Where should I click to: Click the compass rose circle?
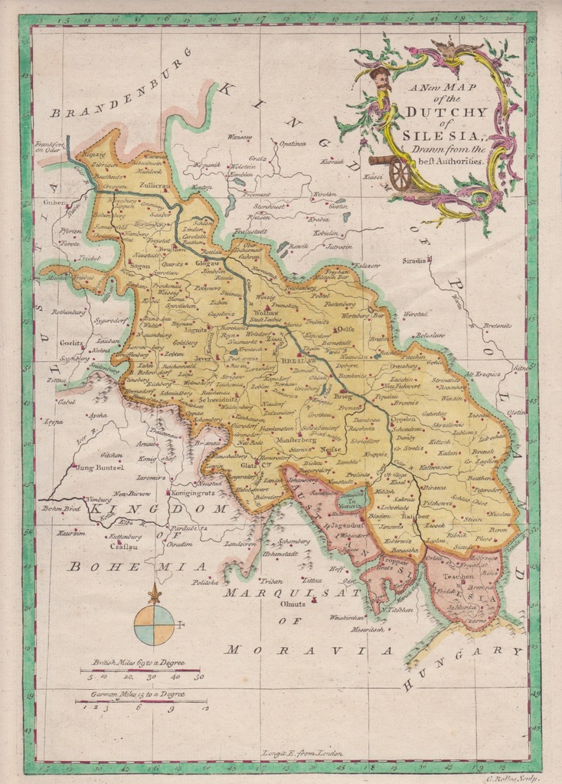click(x=154, y=625)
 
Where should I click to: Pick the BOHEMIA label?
click(x=136, y=567)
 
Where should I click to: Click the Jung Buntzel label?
click(x=100, y=466)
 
